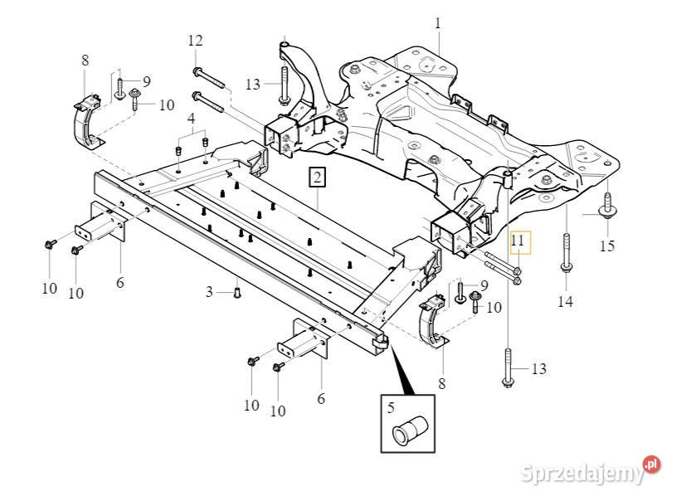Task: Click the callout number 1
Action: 437,22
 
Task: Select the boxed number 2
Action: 318,176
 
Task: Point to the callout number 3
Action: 211,291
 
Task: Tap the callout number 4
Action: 192,119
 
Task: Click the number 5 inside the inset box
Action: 391,407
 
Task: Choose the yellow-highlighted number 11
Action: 518,242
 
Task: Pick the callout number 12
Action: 195,41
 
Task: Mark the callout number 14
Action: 565,302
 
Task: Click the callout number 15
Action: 607,246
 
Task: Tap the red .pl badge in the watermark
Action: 651,465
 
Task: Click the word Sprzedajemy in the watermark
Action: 582,474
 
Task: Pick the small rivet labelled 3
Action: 237,291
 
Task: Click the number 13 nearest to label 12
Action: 253,84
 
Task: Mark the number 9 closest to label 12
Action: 147,80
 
